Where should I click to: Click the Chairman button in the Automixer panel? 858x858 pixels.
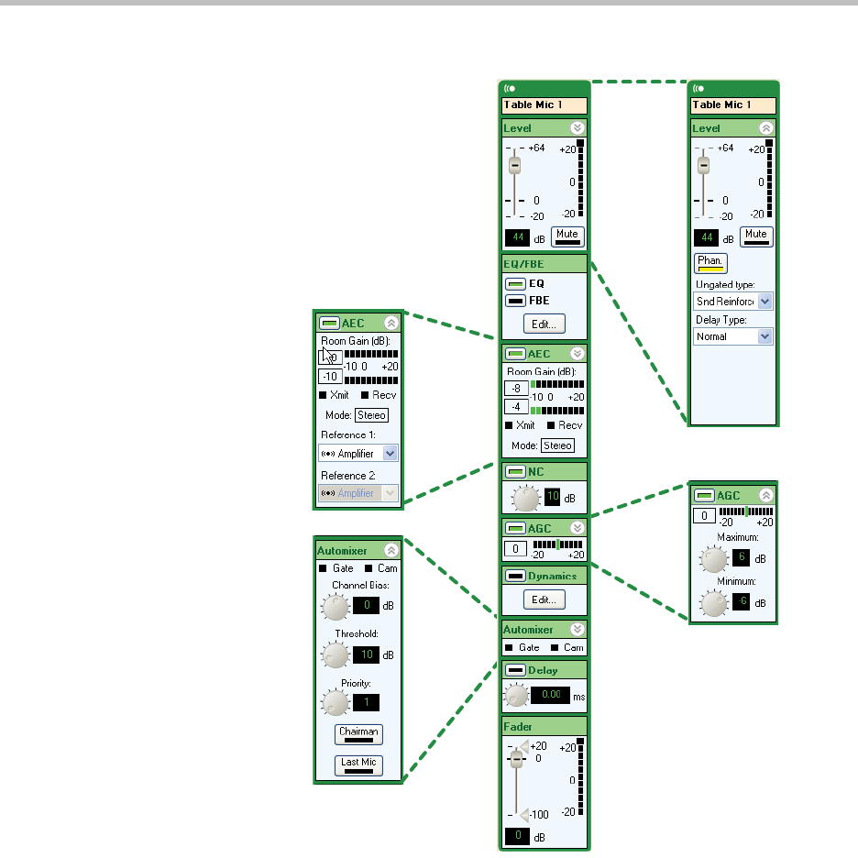pos(358,733)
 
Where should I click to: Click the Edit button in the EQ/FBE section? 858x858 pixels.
pos(544,324)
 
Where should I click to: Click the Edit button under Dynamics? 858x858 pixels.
pos(544,599)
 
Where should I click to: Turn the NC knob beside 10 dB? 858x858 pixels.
pos(526,499)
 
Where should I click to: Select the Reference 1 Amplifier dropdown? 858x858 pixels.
pos(357,453)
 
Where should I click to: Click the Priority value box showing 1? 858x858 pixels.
pos(367,703)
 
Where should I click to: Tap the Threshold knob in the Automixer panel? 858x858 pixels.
pos(335,654)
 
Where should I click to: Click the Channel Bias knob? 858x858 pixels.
pos(335,606)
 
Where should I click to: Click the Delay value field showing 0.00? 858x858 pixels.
pos(550,697)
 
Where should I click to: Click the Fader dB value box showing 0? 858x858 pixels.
pos(517,836)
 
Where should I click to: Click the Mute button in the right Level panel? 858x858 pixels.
pos(756,236)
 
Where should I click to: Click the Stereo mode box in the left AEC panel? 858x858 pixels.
pos(372,414)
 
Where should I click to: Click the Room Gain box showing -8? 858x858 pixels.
pos(514,388)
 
